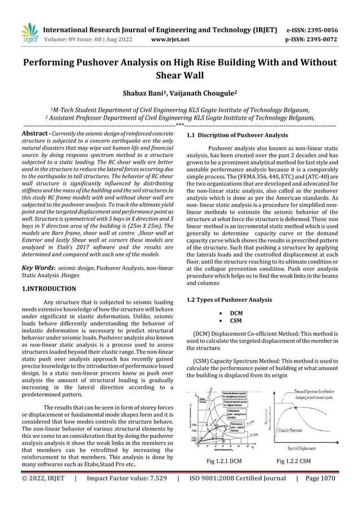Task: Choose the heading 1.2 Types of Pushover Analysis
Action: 230,299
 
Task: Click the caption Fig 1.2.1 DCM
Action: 225,461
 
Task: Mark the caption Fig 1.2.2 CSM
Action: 293,461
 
